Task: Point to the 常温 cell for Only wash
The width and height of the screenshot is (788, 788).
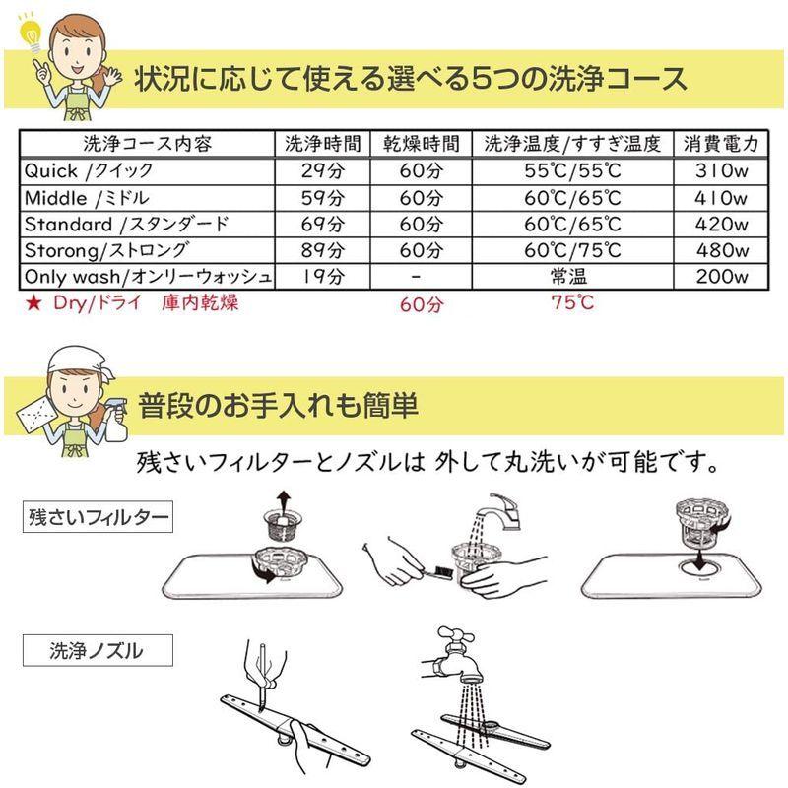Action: tap(572, 277)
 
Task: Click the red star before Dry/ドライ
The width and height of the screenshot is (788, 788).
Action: tap(33, 303)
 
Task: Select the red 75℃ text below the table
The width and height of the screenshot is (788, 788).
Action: tap(572, 303)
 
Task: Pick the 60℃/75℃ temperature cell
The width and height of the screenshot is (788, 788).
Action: tap(572, 250)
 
